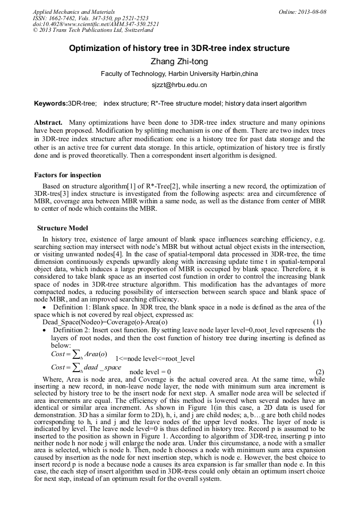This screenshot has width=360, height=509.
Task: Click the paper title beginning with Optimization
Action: click(179, 48)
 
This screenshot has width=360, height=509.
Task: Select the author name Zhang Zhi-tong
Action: click(179, 62)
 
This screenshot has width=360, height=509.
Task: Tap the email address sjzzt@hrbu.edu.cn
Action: click(179, 84)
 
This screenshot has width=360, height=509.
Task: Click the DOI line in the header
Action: click(96, 24)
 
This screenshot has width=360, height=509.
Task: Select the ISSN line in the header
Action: click(91, 18)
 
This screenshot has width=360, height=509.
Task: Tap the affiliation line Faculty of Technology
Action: click(179, 74)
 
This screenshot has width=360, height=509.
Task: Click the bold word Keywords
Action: click(50, 103)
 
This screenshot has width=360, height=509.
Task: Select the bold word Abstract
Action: click(48, 122)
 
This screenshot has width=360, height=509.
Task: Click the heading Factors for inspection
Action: click(67, 175)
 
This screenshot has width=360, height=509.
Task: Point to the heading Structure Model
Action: click(63, 228)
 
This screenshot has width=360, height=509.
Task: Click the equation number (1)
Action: click(318, 322)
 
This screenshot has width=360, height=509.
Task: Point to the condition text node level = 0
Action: click(150, 372)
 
